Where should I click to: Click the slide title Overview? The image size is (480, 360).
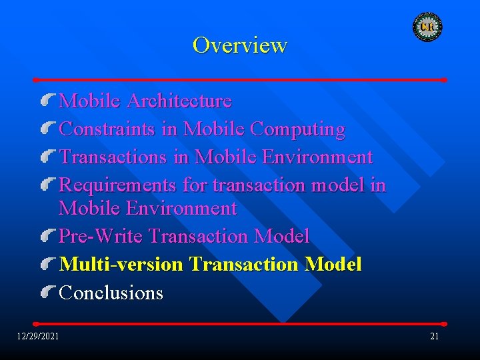click(239, 45)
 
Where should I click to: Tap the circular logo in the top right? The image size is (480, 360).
click(427, 27)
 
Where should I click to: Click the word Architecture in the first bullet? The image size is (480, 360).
click(179, 101)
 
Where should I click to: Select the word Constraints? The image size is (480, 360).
click(107, 129)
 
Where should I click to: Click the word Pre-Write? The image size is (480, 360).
click(101, 236)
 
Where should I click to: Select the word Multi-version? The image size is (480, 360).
click(121, 265)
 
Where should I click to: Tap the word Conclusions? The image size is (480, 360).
click(111, 293)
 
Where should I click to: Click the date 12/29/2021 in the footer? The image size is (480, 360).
click(38, 336)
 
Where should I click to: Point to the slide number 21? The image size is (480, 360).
click(434, 336)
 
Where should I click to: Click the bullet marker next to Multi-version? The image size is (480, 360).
click(47, 264)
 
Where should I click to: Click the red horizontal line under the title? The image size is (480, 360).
click(240, 79)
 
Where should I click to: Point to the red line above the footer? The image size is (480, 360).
click(240, 324)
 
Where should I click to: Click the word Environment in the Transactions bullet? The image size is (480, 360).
click(317, 157)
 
